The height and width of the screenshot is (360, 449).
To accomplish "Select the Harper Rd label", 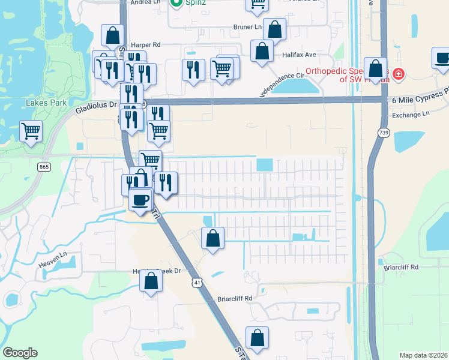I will [x=146, y=44].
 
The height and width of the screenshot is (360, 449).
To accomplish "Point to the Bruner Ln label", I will [x=248, y=27].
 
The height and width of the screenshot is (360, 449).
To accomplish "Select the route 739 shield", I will [x=383, y=132].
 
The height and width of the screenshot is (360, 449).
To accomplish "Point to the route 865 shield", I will [x=43, y=167].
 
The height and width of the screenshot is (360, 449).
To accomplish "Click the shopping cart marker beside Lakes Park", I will [x=31, y=131].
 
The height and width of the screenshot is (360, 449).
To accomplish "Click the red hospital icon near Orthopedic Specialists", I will [x=399, y=75].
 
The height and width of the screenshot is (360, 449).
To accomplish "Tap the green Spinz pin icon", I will [x=176, y=4].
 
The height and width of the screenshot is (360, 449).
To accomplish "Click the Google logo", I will [x=20, y=353].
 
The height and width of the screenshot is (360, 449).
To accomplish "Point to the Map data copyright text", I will [x=423, y=355].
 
